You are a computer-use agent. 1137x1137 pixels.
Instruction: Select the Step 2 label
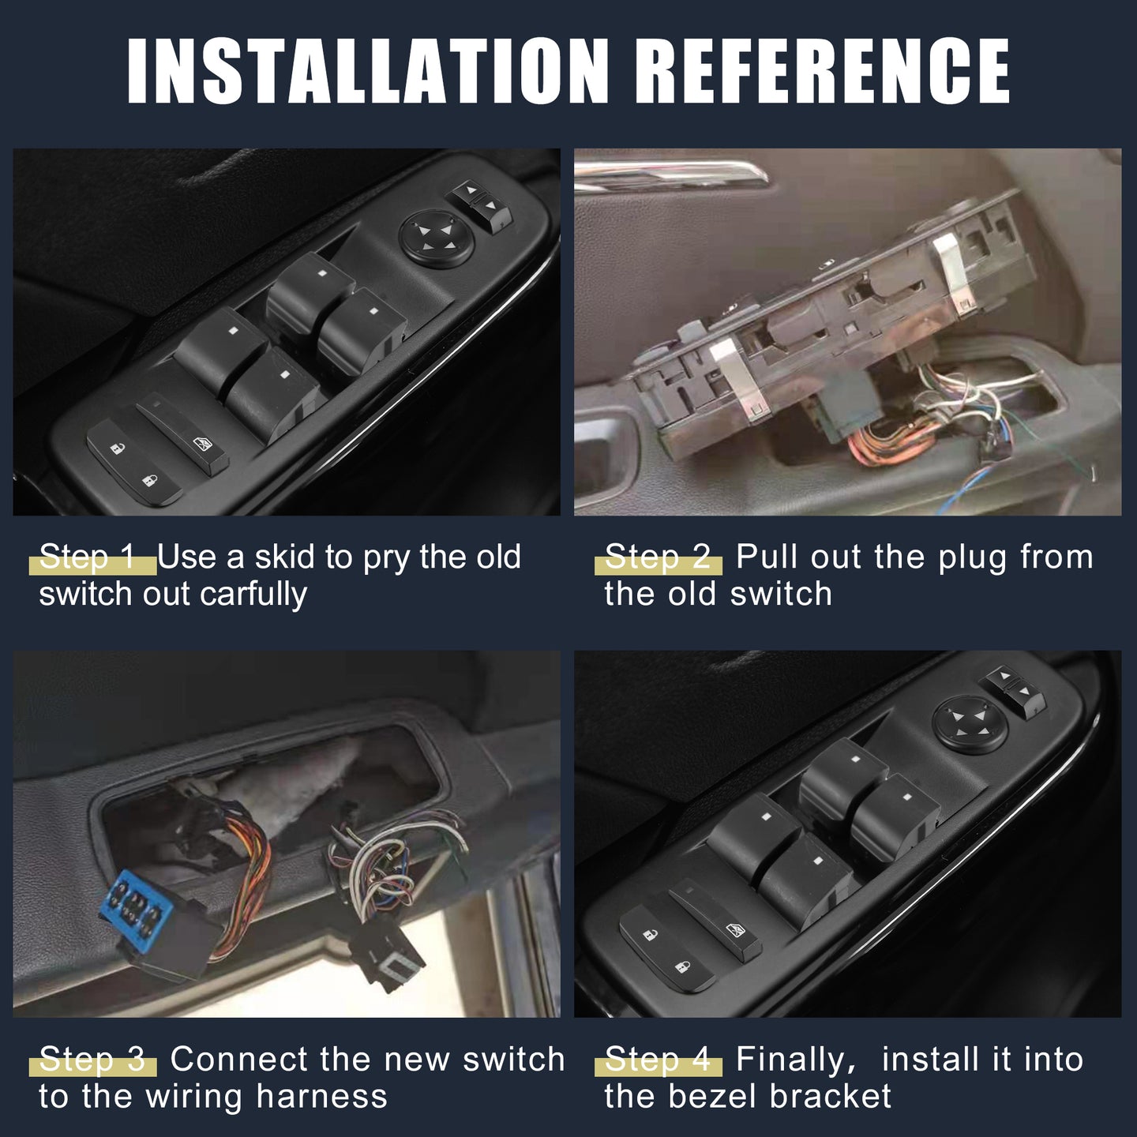pyautogui.click(x=657, y=557)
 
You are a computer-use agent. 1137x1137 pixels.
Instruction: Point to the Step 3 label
pyautogui.click(x=92, y=1059)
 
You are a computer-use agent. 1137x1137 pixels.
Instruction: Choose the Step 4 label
pyautogui.click(x=657, y=1059)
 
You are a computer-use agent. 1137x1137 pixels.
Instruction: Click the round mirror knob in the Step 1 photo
pyautogui.click(x=437, y=239)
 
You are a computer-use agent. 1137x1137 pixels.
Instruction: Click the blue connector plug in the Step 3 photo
pyautogui.click(x=137, y=900)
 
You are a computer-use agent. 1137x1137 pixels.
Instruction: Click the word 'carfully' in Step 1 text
pyautogui.click(x=253, y=595)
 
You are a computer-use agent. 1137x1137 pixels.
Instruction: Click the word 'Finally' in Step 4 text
pyautogui.click(x=793, y=1060)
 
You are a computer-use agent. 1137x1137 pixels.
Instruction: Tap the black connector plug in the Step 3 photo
pyautogui.click(x=386, y=956)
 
